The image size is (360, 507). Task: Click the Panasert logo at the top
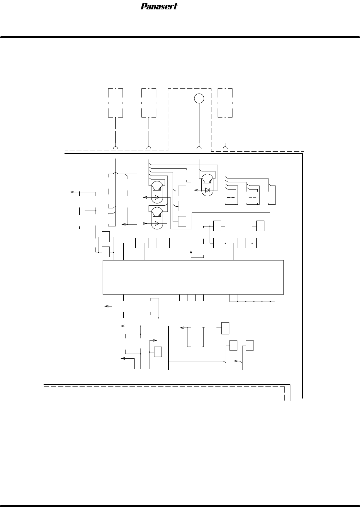coord(159,6)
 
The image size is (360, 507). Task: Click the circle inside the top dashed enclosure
coord(199,98)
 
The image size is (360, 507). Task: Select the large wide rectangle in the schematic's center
coord(193,277)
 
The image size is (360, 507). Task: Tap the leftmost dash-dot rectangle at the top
coord(115,102)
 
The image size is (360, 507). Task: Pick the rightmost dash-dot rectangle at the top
coord(225,102)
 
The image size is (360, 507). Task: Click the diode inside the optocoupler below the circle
coord(207,190)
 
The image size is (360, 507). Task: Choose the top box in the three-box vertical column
coord(182,191)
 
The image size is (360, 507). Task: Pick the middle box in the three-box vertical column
coord(182,205)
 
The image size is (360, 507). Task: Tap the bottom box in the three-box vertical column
coord(182,221)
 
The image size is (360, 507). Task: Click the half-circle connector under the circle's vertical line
coord(199,148)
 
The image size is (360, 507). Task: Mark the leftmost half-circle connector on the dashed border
coord(115,148)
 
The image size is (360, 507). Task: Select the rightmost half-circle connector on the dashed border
coord(225,148)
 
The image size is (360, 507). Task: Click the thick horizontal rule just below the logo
coord(180,37)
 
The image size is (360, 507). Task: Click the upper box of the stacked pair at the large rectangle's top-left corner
coord(106,236)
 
